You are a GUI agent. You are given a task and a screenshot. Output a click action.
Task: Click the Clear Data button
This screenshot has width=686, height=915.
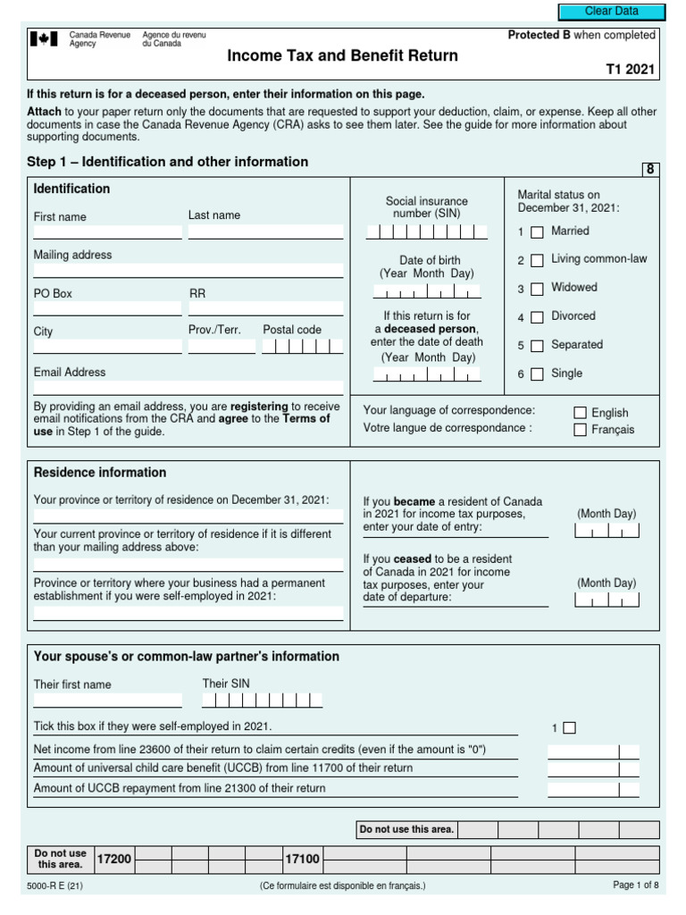[x=611, y=12]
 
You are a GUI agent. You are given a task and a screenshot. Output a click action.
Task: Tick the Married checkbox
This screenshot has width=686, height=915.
[x=537, y=232]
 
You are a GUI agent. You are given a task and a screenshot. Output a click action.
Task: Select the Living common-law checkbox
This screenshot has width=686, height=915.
[x=537, y=261]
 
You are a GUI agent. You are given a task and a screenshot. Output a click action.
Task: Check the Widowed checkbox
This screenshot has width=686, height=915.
[x=537, y=290]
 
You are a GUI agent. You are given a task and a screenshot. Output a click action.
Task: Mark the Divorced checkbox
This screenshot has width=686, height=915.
[x=537, y=317]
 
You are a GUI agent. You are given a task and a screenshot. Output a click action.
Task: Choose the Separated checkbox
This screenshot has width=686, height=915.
[x=537, y=346]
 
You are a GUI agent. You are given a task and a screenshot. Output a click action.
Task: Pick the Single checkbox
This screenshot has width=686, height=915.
[x=537, y=374]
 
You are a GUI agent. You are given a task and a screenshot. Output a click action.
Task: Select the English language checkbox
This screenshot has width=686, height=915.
[x=580, y=413]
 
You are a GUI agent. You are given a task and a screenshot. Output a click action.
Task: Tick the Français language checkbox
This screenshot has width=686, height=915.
[x=580, y=430]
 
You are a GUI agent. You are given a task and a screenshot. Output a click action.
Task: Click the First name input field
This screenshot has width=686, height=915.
[x=107, y=231]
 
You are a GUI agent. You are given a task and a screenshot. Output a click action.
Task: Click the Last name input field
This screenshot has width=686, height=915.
[x=265, y=231]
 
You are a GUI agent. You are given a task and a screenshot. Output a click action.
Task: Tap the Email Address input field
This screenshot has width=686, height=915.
[x=188, y=388]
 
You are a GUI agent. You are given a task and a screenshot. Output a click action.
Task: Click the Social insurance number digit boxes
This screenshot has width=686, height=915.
[x=427, y=232]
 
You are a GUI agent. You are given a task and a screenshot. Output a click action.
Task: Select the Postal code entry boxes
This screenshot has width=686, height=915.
[x=302, y=346]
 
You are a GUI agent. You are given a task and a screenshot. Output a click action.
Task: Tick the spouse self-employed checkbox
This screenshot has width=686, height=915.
[x=569, y=727]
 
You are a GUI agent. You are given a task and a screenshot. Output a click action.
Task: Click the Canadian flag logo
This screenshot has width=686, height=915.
[x=44, y=39]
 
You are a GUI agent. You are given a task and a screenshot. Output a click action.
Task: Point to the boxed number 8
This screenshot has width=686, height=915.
[x=650, y=170]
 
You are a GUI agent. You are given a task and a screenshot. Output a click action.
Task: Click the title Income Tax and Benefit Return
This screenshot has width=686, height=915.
[x=342, y=56]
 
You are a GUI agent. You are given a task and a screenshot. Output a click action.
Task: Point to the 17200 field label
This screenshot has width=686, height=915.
[x=114, y=859]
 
